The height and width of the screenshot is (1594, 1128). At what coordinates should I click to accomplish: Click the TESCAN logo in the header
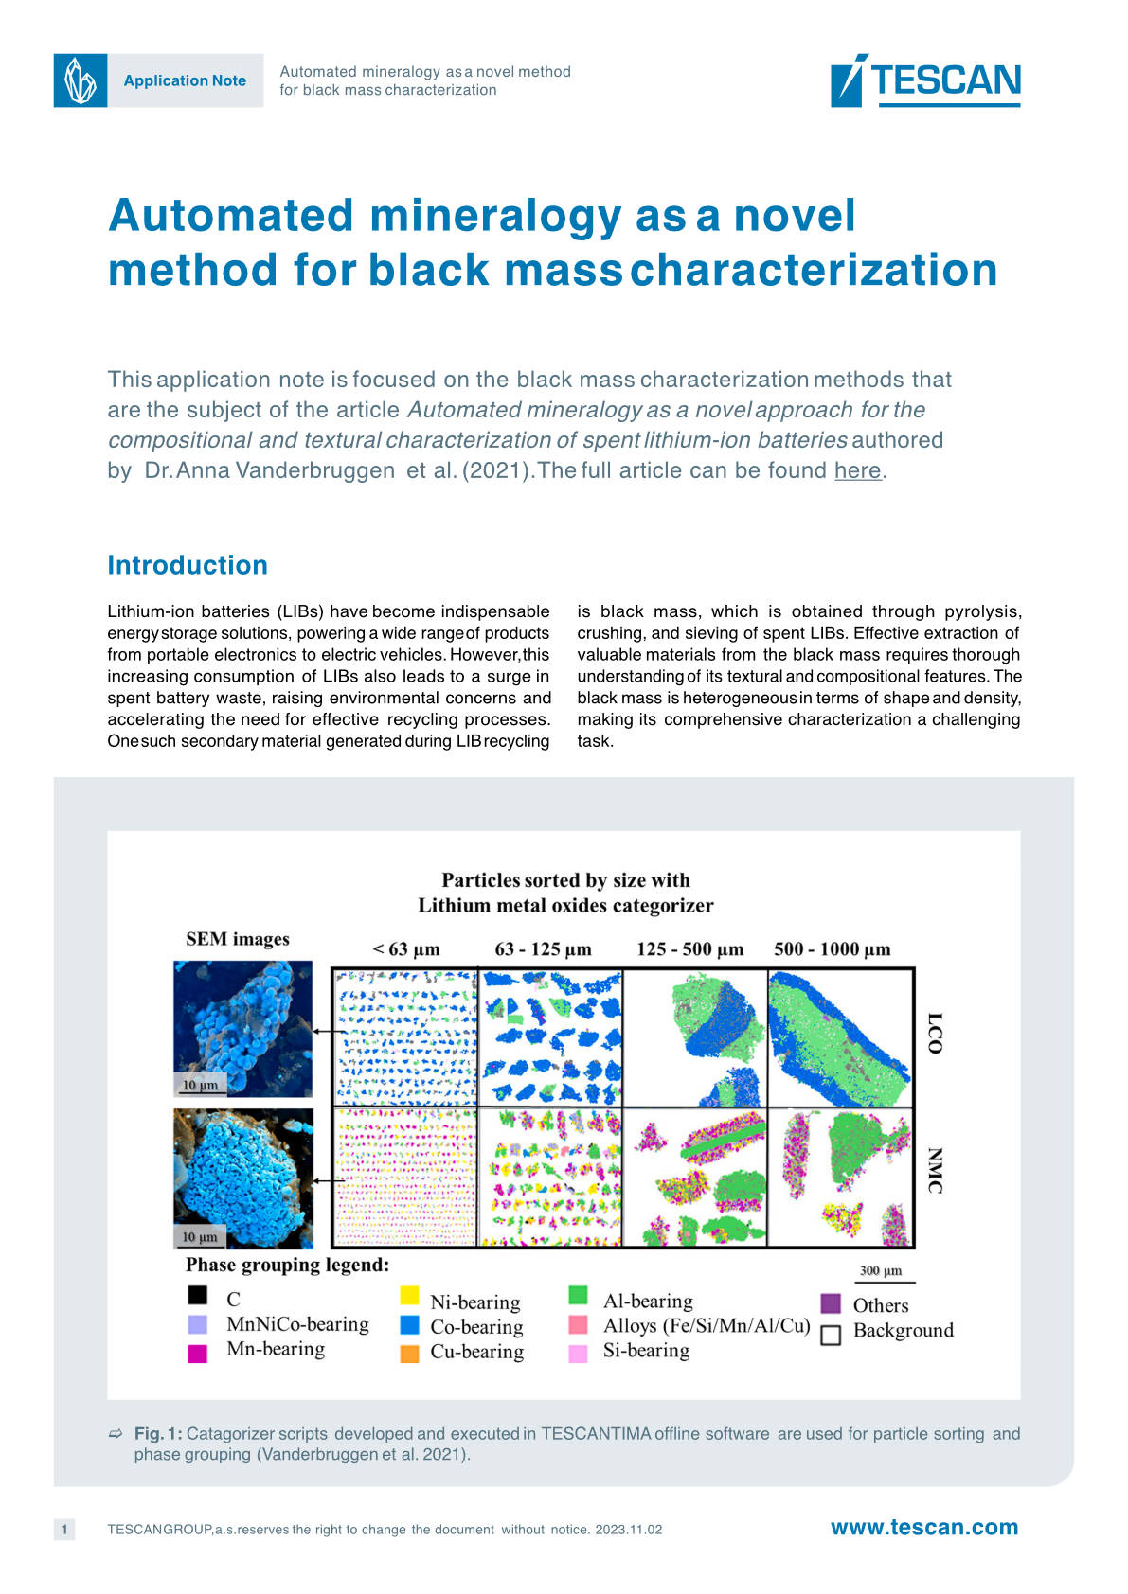coord(925,80)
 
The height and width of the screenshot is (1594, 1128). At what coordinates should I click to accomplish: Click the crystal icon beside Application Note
coord(81,80)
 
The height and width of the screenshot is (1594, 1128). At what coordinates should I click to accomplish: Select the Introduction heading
coord(188,565)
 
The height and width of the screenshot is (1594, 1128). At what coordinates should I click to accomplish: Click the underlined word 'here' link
coord(857,470)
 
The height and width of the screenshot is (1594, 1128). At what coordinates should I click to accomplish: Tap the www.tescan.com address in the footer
coord(923,1527)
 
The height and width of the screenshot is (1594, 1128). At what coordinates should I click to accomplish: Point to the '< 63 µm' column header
coord(406,949)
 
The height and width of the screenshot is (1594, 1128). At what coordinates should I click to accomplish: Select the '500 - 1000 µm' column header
coord(832,949)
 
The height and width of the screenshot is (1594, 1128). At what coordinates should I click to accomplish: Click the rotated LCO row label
coord(935,1034)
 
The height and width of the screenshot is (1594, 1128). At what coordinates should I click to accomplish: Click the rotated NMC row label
coord(935,1171)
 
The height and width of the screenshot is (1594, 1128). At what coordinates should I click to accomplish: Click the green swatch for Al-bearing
coord(578,1295)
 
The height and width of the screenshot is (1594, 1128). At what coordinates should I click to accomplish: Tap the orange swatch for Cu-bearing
coord(410,1354)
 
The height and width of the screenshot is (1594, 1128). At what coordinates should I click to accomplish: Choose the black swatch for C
coord(197,1295)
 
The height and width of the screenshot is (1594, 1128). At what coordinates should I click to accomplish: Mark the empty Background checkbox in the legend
coord(831,1335)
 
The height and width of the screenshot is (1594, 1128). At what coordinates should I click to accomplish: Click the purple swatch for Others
coord(831,1303)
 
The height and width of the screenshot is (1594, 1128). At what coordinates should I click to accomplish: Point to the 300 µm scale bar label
coord(880,1270)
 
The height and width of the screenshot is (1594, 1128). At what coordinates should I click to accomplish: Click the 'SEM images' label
coord(237,939)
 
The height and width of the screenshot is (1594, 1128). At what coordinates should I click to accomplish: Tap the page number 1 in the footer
coord(64,1529)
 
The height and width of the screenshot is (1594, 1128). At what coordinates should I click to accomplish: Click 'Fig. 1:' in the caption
coord(158,1433)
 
